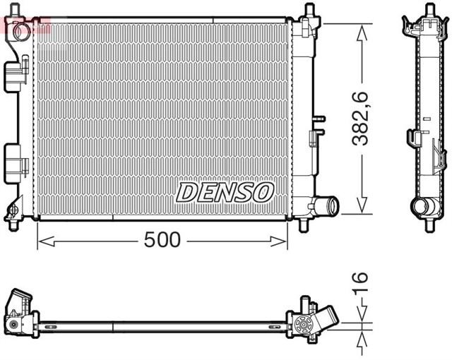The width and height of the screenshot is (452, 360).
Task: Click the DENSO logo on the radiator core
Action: click(225, 191)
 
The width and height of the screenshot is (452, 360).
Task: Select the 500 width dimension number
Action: click(162, 240)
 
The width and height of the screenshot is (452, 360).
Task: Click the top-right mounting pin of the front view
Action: click(309, 12)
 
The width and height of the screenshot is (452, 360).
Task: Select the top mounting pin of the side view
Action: click(428, 11)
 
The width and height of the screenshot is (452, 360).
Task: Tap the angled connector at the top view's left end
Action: click(20, 304)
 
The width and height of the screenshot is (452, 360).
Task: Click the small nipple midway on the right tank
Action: click(319, 118)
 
